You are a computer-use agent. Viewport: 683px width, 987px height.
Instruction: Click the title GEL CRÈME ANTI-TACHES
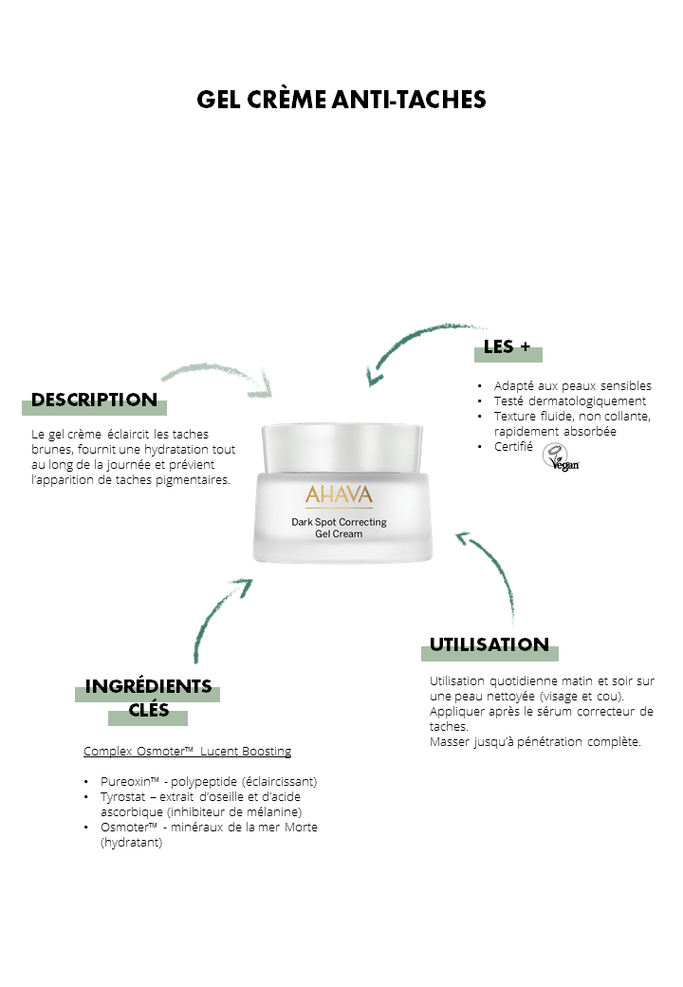click(341, 100)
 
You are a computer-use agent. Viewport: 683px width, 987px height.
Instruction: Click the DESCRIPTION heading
click(94, 400)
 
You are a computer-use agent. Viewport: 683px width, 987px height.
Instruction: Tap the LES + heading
click(507, 346)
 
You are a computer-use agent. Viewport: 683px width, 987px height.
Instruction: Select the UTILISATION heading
click(489, 644)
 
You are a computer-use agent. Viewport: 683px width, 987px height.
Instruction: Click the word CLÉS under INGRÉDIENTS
click(148, 710)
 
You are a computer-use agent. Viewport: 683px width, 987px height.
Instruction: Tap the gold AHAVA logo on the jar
click(339, 494)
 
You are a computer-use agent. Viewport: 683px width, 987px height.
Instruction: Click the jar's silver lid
click(342, 448)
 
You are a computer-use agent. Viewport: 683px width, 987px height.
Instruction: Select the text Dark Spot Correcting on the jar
click(339, 522)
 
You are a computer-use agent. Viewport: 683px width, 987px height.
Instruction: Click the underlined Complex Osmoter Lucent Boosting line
click(188, 751)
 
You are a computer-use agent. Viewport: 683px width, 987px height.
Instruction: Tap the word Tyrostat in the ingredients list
click(122, 797)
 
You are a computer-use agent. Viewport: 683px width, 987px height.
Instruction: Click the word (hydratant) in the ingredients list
click(132, 842)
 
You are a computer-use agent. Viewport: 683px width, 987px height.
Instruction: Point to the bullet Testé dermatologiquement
click(570, 400)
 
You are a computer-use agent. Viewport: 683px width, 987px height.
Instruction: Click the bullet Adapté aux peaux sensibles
click(572, 385)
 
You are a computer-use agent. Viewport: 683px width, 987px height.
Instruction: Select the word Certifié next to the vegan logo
click(513, 446)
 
